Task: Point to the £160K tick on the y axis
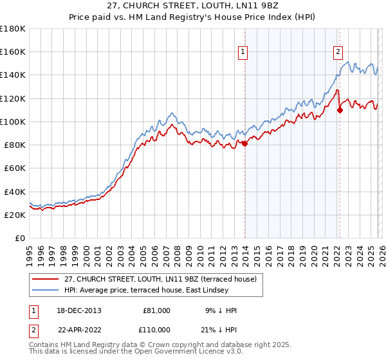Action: tap(14, 51)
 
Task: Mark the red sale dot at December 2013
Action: tap(244, 143)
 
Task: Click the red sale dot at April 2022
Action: tap(340, 109)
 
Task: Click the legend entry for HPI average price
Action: tap(148, 290)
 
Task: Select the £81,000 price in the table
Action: tap(157, 310)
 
